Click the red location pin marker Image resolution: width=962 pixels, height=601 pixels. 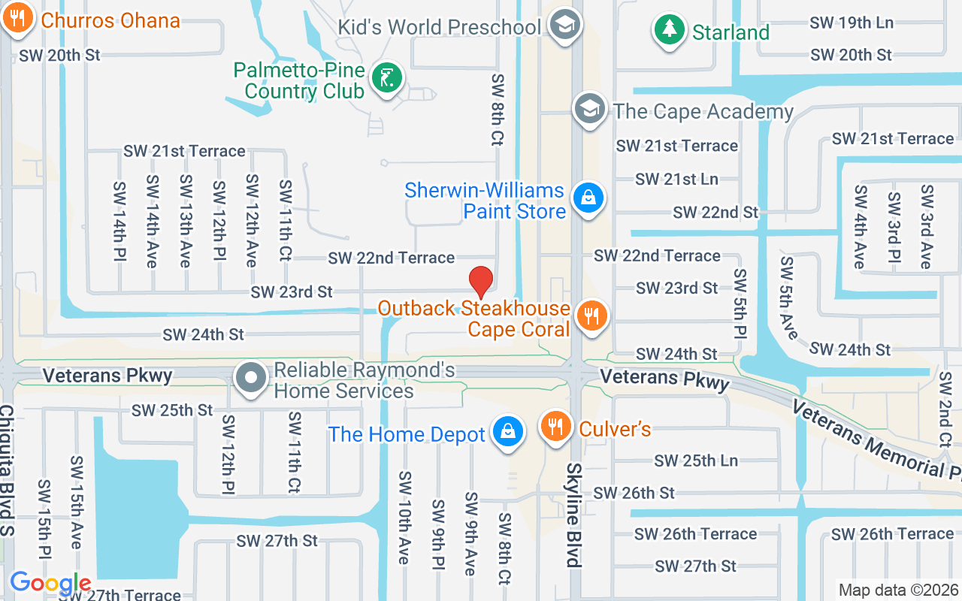click(x=481, y=282)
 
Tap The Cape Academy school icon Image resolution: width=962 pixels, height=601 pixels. click(x=590, y=110)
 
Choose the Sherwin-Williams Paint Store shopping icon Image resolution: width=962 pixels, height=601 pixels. click(x=588, y=199)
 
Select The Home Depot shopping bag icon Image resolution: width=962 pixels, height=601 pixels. click(x=507, y=431)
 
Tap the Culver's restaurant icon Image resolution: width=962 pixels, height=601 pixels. click(x=556, y=427)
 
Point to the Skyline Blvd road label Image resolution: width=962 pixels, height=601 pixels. click(x=573, y=515)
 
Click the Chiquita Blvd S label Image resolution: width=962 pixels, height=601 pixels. click(x=7, y=470)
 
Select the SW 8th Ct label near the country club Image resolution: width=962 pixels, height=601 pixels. click(x=497, y=110)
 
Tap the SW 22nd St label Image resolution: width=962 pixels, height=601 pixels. click(x=715, y=213)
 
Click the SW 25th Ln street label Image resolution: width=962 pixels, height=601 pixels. click(x=696, y=461)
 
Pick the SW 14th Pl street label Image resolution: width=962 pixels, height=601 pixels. click(x=119, y=222)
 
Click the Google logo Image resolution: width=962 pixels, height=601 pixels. click(x=50, y=583)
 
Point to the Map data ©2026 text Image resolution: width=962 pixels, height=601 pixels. click(x=898, y=590)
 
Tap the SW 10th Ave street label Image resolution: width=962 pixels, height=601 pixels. click(x=404, y=518)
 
